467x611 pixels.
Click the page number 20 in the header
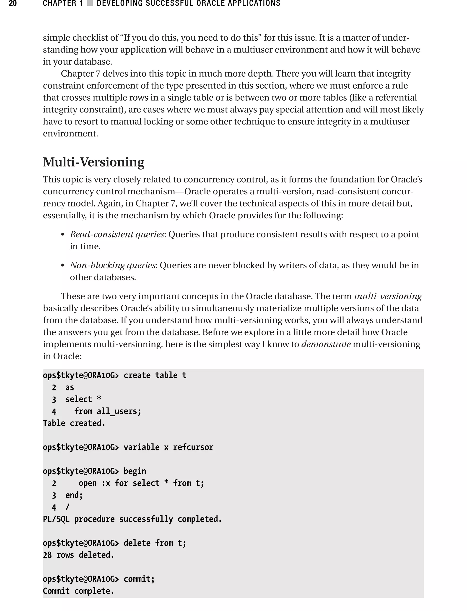pyautogui.click(x=13, y=3)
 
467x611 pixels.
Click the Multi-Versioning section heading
pyautogui.click(x=93, y=162)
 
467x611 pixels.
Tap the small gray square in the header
pyautogui.click(x=90, y=3)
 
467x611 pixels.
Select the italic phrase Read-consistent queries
pyautogui.click(x=117, y=235)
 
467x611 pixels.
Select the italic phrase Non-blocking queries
pyautogui.click(x=112, y=265)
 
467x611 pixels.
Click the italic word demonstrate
pyautogui.click(x=326, y=344)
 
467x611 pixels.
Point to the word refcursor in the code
pyautogui.click(x=193, y=447)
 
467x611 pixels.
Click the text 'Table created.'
pyautogui.click(x=74, y=423)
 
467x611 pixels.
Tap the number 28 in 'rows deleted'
pyautogui.click(x=47, y=555)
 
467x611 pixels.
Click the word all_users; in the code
pyautogui.click(x=119, y=411)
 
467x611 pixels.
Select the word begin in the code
pyautogui.click(x=135, y=471)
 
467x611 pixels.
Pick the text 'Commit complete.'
pyautogui.click(x=78, y=591)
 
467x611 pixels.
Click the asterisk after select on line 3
pyautogui.click(x=99, y=399)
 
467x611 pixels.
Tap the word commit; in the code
pyautogui.click(x=139, y=579)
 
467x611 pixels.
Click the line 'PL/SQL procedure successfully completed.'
pyautogui.click(x=132, y=519)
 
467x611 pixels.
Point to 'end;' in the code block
pyautogui.click(x=74, y=495)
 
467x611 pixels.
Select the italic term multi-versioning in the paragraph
pyautogui.click(x=388, y=296)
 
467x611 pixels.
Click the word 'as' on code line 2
pyautogui.click(x=70, y=387)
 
